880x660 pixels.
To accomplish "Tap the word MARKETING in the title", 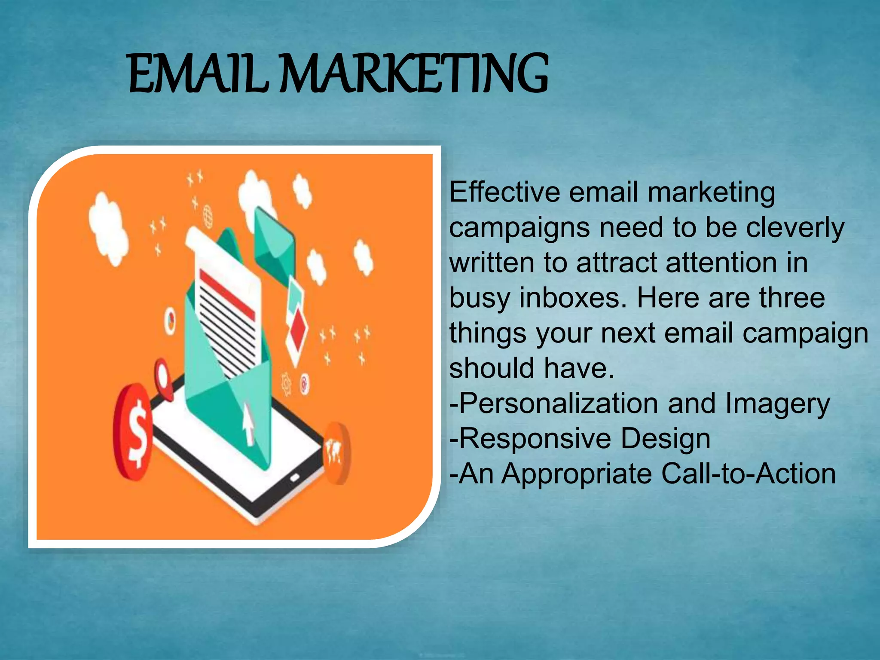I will pos(415,74).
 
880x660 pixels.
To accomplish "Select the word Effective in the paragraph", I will pos(504,192).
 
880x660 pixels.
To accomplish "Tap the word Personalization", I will pos(558,403).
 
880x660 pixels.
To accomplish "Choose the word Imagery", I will pos(777,404).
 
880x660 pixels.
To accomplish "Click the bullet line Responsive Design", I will pos(580,439).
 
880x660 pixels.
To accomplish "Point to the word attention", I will pos(721,263).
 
